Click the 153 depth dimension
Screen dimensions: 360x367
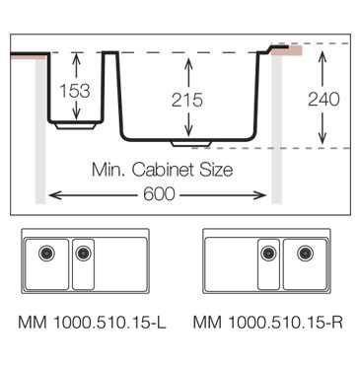click(x=75, y=91)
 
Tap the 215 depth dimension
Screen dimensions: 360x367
click(x=187, y=100)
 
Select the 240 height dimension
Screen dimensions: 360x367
click(x=324, y=99)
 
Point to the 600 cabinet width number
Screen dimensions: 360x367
click(x=159, y=194)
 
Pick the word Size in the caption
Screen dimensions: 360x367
click(x=216, y=170)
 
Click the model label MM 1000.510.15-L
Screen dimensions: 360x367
click(x=92, y=323)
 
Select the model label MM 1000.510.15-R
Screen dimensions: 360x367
click(x=267, y=323)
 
